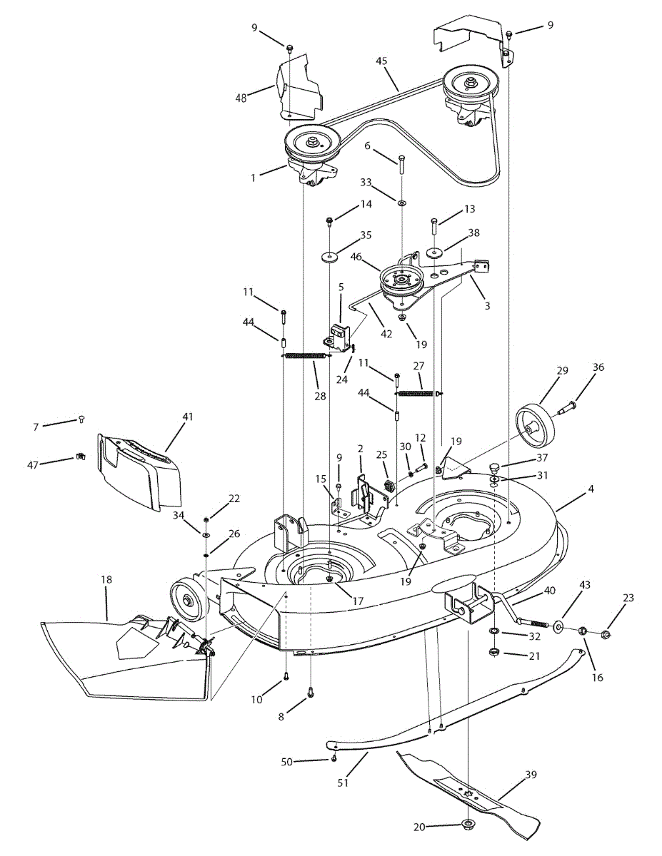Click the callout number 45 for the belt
[381, 61]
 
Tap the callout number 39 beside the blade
[531, 774]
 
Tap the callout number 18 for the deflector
[106, 579]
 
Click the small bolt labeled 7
[81, 419]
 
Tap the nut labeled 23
[607, 634]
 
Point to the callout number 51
[343, 782]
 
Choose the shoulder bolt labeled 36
[568, 409]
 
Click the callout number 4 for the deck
[591, 489]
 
